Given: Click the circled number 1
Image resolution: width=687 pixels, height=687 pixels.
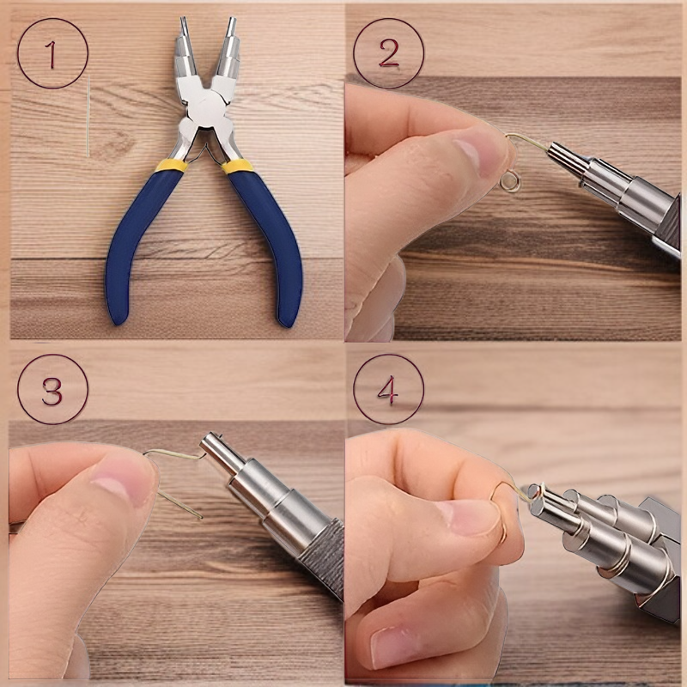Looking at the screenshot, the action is point(52,53).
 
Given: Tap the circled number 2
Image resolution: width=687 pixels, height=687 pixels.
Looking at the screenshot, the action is point(389,53).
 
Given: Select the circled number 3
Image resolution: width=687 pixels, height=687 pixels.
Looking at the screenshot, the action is point(52,390).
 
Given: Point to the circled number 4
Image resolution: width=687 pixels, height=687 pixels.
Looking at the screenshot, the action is point(389,390).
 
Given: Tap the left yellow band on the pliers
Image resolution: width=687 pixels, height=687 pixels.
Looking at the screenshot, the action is point(171,165).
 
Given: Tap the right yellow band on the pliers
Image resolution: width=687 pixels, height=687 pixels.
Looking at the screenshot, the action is point(237,167).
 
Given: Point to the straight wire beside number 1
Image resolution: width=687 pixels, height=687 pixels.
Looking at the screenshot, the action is point(88,116).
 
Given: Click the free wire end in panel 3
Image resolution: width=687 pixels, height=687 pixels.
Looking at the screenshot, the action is point(202,518).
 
